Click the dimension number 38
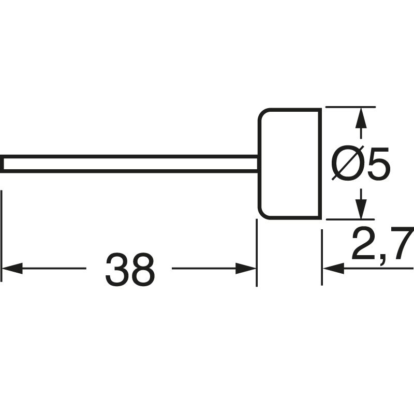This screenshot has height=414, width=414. (129, 270)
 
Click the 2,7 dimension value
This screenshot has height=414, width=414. (381, 243)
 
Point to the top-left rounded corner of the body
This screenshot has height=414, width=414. (264, 114)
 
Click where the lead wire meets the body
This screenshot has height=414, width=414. (259, 164)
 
